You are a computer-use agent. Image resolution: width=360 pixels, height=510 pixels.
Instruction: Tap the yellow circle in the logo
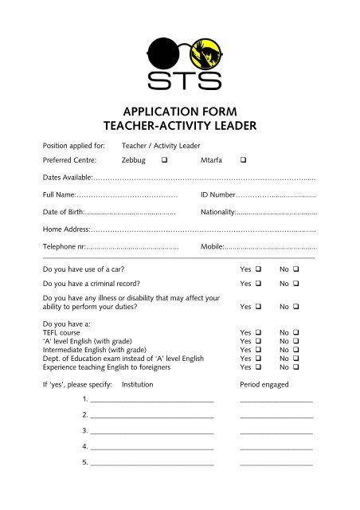(x=204, y=50)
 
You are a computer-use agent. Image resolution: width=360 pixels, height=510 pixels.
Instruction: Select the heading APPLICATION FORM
(x=179, y=112)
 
